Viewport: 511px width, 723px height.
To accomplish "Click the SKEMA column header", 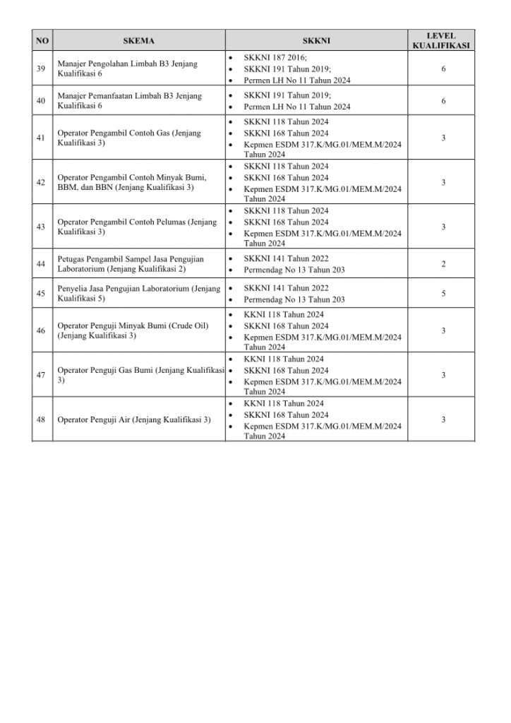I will coord(138,41).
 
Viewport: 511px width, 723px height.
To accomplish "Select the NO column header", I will coord(42,41).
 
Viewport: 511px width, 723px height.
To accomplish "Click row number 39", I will coord(42,68).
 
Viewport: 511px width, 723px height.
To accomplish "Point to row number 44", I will coord(42,264).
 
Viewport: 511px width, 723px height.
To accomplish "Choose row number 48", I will coord(42,419).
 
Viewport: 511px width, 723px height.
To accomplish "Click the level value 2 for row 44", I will coord(443,264).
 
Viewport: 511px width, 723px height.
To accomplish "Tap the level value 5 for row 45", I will coord(443,293).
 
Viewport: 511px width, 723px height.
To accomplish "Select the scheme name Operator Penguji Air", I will coord(133,419).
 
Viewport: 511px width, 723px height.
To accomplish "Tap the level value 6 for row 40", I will coord(443,100).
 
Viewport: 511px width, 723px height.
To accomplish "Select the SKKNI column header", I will coord(315,41).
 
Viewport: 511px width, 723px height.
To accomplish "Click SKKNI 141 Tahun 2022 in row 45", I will coord(286,288).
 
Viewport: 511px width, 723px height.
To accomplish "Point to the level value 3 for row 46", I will coord(443,330).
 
